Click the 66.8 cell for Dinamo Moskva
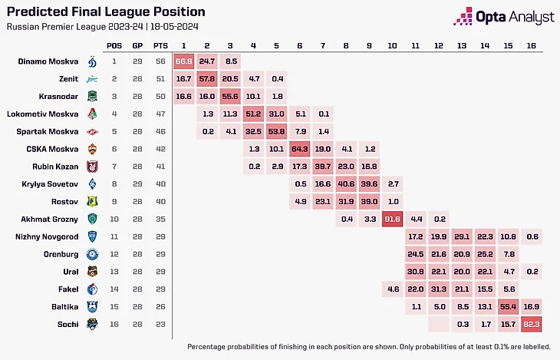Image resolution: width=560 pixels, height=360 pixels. click(x=183, y=61)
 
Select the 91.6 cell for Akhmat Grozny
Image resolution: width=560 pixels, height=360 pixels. click(x=392, y=219)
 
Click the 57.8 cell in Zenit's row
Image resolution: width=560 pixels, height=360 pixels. click(x=207, y=78)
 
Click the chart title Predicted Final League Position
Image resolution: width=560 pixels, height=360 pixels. click(x=105, y=12)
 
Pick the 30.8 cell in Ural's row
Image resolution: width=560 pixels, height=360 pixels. click(x=416, y=272)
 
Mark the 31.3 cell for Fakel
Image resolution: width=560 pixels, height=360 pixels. click(x=439, y=289)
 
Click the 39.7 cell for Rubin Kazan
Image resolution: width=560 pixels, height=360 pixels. click(x=322, y=166)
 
